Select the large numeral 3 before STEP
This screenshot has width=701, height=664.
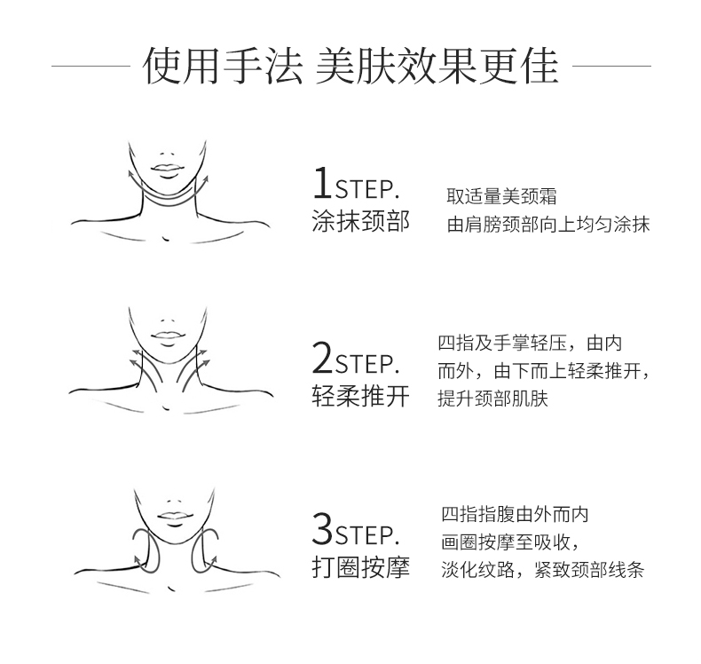pos(323,529)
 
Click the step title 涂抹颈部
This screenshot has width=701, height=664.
pos(360,221)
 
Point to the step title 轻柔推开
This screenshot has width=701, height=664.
pos(360,396)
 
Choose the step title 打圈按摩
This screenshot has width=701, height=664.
pos(360,568)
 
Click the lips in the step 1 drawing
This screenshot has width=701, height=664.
pos(167,170)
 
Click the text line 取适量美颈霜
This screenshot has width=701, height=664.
pos(501,196)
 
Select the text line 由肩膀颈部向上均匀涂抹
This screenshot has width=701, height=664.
pos(548,225)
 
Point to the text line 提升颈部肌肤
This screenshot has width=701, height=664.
pos(492,398)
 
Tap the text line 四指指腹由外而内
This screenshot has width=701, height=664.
pos(515,514)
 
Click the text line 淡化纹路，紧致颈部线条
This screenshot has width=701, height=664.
pos(543,570)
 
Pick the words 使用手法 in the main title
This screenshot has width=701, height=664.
pos(223,66)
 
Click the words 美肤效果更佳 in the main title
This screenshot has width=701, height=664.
pos(437,66)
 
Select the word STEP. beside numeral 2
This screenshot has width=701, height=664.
pos(367,364)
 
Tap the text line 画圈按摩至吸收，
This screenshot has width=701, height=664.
pos(510,541)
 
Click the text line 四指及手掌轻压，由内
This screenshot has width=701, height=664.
pos(530,343)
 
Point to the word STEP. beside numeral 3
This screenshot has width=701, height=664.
pos(367,535)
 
